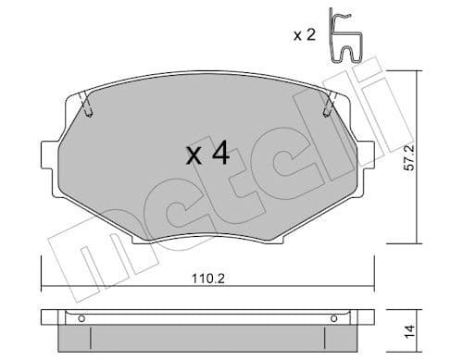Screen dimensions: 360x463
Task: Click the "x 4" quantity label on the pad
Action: [x=206, y=154]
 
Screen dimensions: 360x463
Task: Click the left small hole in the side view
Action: [x=81, y=320]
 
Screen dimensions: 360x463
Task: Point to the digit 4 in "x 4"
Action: [x=219, y=154]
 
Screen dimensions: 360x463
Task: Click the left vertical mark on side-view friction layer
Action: [x=71, y=332]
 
